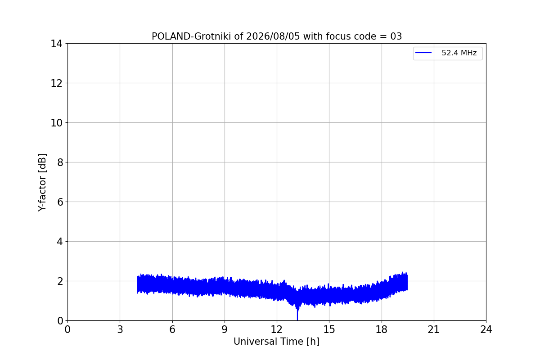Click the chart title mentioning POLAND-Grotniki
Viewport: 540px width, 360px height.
point(277,36)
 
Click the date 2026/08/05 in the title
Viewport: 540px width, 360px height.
point(273,36)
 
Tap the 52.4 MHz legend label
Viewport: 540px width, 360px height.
point(459,53)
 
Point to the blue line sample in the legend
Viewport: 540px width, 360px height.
point(423,53)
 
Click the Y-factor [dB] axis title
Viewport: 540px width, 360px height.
point(42,183)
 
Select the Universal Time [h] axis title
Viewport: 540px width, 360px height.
point(276,342)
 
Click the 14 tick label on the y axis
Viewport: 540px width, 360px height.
point(56,44)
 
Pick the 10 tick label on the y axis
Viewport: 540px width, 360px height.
point(56,123)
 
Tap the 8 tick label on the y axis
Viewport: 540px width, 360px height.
point(60,162)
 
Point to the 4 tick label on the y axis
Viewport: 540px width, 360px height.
point(60,242)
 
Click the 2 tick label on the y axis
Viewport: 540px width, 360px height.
point(60,281)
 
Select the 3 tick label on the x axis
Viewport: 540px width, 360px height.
point(120,329)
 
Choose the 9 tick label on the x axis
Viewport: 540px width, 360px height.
point(225,329)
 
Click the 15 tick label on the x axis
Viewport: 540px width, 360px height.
point(329,329)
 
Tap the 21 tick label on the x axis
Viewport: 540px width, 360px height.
point(434,329)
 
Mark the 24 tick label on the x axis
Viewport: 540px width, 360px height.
point(486,329)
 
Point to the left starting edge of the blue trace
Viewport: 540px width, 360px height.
point(137,284)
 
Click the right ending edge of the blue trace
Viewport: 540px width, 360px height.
point(407,282)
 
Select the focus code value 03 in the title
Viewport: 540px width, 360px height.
point(396,36)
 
